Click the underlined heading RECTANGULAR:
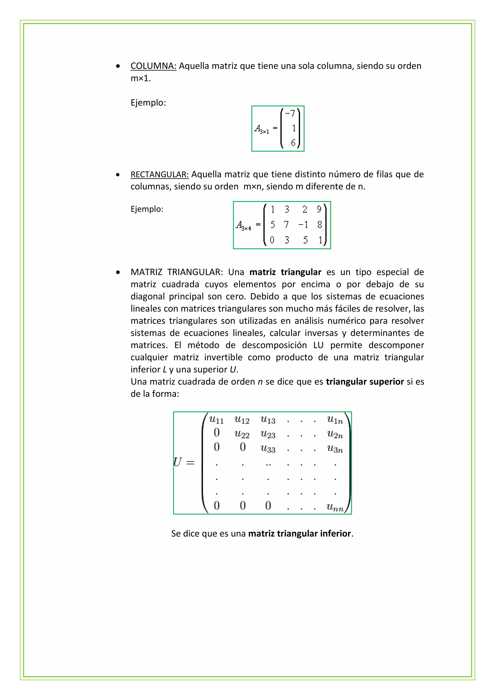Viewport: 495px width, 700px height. click(x=160, y=174)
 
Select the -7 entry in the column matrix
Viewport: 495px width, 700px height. click(x=290, y=113)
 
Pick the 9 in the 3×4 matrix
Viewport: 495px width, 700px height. click(x=319, y=209)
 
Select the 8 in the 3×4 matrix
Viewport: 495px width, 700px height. click(x=319, y=225)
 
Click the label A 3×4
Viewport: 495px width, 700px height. click(x=243, y=226)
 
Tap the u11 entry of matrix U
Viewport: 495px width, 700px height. click(x=216, y=420)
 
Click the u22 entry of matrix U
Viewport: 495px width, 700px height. click(x=242, y=434)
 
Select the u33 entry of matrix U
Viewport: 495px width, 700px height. click(x=268, y=449)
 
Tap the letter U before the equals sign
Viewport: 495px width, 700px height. click(x=177, y=462)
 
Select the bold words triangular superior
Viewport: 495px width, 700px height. click(x=365, y=382)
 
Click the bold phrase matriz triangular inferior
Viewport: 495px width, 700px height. click(x=299, y=534)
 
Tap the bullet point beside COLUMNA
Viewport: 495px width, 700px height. click(x=118, y=66)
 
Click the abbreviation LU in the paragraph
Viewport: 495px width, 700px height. click(x=318, y=345)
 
